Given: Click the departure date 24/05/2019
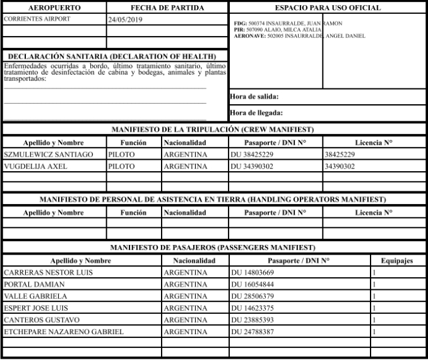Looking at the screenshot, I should coord(126,20).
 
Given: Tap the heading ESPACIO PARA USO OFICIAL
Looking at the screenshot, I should coord(328,8).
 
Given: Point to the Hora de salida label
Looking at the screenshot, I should coord(255,97).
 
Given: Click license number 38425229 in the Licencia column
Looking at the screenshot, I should coord(340,154).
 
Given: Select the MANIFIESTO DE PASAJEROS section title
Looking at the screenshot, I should coord(213,247).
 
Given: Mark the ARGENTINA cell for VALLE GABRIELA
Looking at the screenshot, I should coord(186,296).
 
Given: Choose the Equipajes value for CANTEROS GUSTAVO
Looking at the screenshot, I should coord(374,320).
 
